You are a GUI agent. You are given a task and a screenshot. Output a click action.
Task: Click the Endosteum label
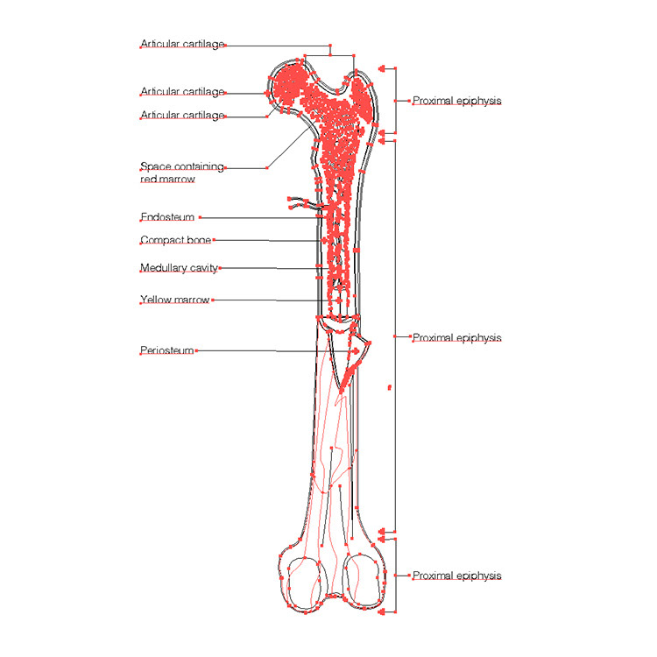(x=167, y=217)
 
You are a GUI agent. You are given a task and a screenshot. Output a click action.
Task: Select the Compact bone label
(x=175, y=240)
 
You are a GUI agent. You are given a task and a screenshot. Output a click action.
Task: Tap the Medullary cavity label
(x=179, y=268)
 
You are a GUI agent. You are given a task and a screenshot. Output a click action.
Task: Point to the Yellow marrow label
(x=175, y=300)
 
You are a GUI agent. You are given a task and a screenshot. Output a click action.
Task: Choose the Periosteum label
(x=167, y=350)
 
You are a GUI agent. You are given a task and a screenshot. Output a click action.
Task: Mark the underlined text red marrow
(x=167, y=180)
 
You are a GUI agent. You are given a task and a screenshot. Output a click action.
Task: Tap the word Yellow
(x=155, y=300)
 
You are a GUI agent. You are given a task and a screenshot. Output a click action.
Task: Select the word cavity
(x=203, y=268)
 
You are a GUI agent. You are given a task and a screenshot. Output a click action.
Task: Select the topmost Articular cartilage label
(x=182, y=44)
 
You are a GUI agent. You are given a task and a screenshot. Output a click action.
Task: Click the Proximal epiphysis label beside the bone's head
(x=456, y=101)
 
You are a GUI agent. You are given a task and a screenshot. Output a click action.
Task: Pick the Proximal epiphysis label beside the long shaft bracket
(x=456, y=337)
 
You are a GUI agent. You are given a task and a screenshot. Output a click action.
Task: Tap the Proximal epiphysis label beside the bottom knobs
(x=456, y=576)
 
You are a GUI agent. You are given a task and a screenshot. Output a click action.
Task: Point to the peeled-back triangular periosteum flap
(x=357, y=355)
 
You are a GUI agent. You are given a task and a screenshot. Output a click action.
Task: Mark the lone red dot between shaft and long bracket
(x=390, y=385)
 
